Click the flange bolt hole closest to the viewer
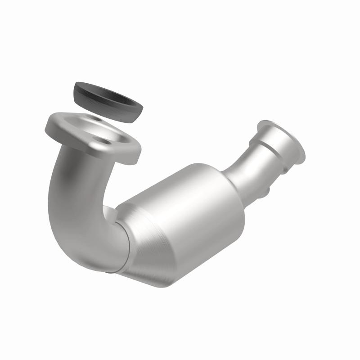[x=106, y=141]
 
